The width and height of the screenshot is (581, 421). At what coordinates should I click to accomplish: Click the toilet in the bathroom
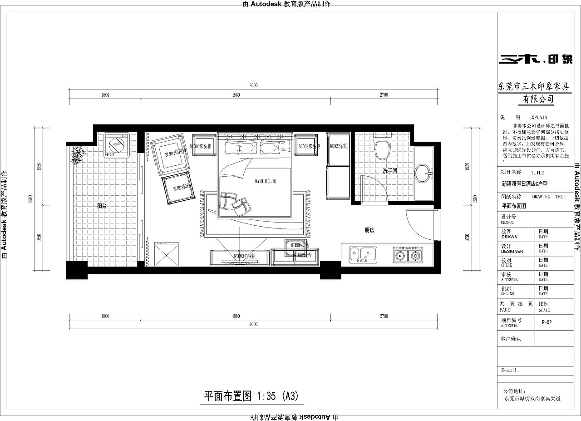click(x=382, y=147)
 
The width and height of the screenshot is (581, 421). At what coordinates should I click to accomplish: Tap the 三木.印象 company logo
click(x=535, y=59)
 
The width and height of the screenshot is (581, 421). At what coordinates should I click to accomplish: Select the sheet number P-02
click(x=547, y=322)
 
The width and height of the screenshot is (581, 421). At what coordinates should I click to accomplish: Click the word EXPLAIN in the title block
click(x=538, y=117)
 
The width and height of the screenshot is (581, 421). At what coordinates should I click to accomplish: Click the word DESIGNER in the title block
click(x=512, y=251)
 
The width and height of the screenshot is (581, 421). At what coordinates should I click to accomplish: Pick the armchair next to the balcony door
click(x=169, y=154)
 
